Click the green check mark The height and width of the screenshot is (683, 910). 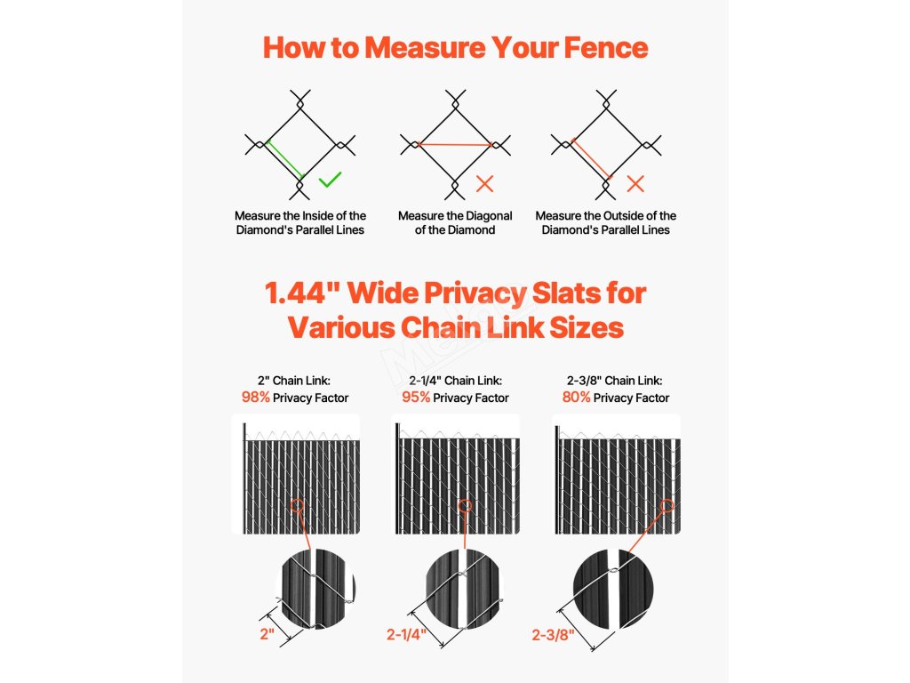point(330,180)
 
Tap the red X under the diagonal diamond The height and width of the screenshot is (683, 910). point(484,184)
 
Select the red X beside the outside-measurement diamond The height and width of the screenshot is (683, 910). point(635,184)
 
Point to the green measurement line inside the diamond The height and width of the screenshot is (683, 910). point(285,159)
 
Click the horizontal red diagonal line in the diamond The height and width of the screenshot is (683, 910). point(455,144)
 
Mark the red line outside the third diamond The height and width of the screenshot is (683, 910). point(591,158)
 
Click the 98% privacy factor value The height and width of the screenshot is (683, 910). point(255,398)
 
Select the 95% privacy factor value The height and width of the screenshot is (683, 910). point(416,398)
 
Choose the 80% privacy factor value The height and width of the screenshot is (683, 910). point(576,398)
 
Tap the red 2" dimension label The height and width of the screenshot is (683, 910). point(267,633)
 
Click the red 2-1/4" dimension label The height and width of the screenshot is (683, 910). point(406,634)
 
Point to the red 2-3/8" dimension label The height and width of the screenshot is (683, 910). point(553,635)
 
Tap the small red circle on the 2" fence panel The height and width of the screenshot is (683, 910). point(297,506)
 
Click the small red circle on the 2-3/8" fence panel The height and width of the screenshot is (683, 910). point(667,506)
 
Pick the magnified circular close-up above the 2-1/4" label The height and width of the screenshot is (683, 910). point(462,589)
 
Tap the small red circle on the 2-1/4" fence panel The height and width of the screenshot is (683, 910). point(464,506)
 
